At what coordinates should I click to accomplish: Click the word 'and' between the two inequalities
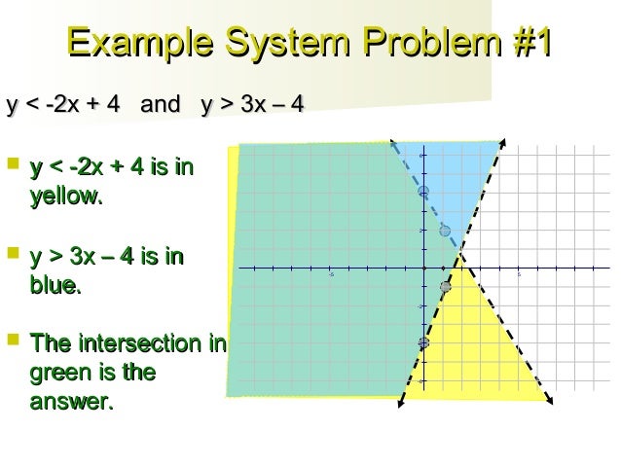(x=160, y=102)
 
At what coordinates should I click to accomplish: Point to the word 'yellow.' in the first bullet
(x=66, y=197)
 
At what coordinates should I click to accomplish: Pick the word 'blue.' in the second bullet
(x=56, y=287)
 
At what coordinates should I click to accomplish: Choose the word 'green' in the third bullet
(x=66, y=373)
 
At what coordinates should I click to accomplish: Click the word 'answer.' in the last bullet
(x=72, y=400)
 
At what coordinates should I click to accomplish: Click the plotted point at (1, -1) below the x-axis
(x=445, y=286)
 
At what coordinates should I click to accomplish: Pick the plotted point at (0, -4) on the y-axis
(x=423, y=342)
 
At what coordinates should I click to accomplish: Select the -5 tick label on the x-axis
(x=331, y=274)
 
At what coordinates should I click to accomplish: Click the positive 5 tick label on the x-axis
(x=519, y=274)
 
